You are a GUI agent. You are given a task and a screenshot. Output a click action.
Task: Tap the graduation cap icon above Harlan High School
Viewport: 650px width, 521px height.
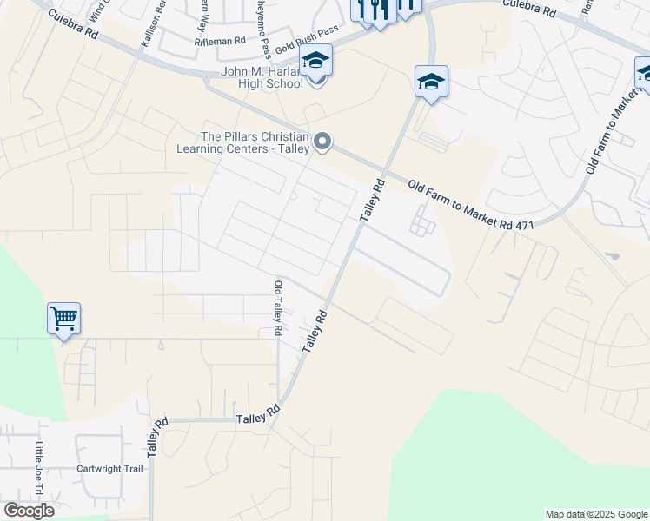(315, 61)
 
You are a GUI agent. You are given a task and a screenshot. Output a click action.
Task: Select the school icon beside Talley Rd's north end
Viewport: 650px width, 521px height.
(431, 82)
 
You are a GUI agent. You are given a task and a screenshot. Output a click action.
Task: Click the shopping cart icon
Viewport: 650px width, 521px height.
(64, 319)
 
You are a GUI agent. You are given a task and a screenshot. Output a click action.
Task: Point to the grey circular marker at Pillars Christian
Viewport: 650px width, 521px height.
(322, 141)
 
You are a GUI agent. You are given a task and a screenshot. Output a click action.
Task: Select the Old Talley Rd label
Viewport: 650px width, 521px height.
(278, 308)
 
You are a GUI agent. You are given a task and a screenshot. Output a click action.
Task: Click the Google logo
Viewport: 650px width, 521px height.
(29, 511)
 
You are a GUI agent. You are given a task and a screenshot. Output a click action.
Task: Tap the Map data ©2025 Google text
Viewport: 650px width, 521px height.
(595, 514)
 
